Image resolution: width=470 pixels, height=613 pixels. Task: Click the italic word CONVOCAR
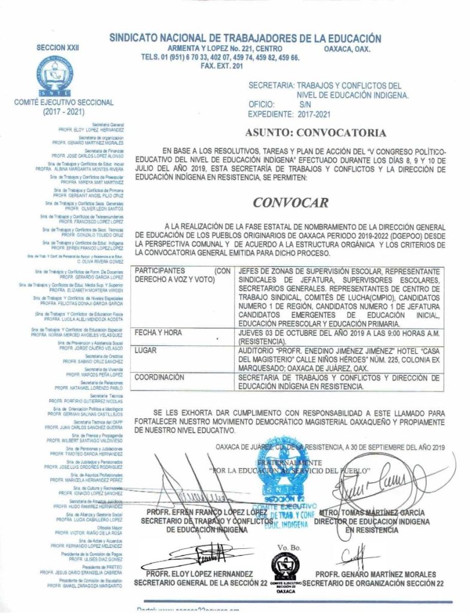[x=290, y=202]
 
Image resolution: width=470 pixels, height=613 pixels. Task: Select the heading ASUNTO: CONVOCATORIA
[x=316, y=132]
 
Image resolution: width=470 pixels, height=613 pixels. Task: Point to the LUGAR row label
[x=146, y=349]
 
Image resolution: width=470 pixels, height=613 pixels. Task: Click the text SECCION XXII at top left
[x=58, y=47]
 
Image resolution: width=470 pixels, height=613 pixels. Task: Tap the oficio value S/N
[x=305, y=104]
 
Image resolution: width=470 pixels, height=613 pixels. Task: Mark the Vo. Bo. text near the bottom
[x=286, y=548]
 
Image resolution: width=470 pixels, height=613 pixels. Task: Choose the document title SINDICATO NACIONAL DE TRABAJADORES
[x=245, y=38]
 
